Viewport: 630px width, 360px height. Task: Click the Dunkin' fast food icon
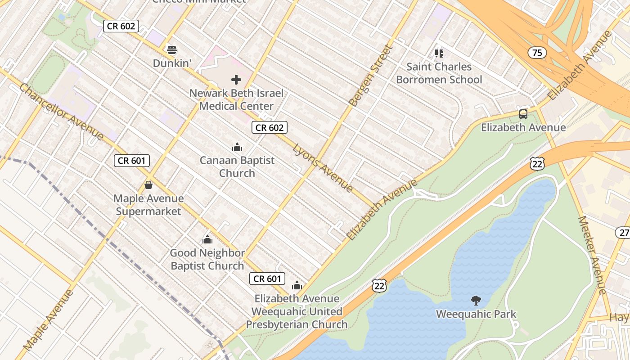click(x=171, y=49)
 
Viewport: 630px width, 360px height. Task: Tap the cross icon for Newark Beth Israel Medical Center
click(x=236, y=80)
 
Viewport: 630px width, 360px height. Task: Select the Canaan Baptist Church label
click(x=237, y=166)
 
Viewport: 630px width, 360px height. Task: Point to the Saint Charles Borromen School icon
click(x=439, y=54)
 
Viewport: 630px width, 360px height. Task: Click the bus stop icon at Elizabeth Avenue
click(x=523, y=114)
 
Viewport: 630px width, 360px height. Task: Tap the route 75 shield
click(x=537, y=53)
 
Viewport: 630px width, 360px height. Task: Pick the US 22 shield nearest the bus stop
click(x=537, y=164)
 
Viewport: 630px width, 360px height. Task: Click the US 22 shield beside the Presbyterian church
click(x=379, y=285)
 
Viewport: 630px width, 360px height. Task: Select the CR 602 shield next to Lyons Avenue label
click(x=269, y=128)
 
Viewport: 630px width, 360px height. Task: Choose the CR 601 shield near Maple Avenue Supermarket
click(x=131, y=161)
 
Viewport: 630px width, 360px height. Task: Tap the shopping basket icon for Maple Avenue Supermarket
click(x=148, y=185)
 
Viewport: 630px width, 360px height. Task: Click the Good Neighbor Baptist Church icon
click(x=207, y=239)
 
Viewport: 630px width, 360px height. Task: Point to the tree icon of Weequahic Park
click(x=476, y=301)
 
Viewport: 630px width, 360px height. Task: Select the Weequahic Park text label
click(x=476, y=314)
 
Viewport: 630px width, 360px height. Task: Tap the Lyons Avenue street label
click(x=323, y=167)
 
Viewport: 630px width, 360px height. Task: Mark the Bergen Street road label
click(x=371, y=76)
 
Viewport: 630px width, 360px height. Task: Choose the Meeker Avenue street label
click(x=593, y=255)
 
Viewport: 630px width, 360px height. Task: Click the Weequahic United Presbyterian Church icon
click(x=297, y=285)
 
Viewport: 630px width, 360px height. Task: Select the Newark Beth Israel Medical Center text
click(x=237, y=100)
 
